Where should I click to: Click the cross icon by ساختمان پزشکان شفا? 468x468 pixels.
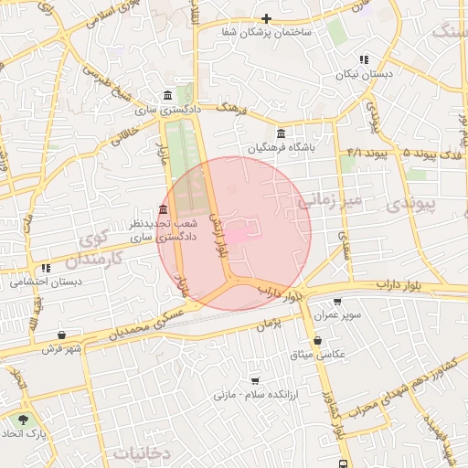[266, 18]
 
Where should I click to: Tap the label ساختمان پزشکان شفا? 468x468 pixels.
[266, 32]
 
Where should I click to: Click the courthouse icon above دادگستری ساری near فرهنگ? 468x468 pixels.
[166, 96]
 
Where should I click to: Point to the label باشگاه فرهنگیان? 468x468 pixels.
[281, 147]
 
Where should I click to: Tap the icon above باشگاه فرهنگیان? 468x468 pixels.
[280, 133]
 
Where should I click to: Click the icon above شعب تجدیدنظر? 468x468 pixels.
[164, 209]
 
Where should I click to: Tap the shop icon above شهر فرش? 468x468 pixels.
[61, 335]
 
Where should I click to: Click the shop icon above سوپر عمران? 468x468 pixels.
[337, 301]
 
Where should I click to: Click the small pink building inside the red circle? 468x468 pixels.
[236, 237]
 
